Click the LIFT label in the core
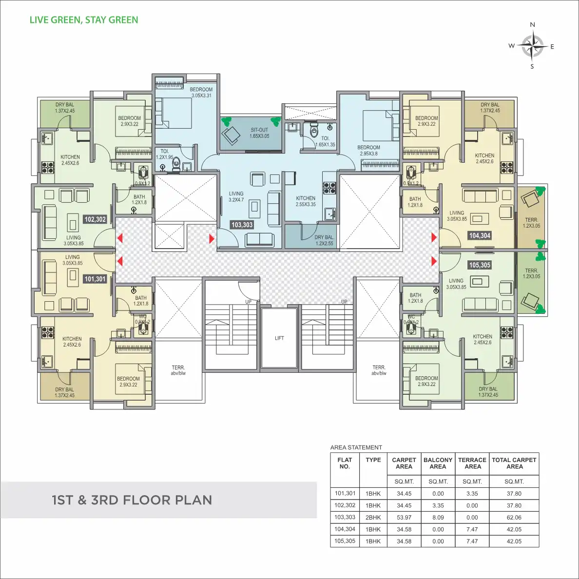pos(279,338)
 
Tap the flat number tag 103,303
pos(242,225)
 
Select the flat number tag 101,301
pos(95,279)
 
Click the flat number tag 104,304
pos(480,235)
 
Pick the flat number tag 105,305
pos(480,265)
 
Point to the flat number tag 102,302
pos(95,219)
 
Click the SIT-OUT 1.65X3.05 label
pos(259,133)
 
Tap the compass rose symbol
pos(532,46)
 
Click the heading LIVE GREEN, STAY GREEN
pos(84,20)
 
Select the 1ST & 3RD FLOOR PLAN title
pos(132,500)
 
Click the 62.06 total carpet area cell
pos(514,518)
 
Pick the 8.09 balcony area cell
pos(438,518)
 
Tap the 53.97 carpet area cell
pos(404,518)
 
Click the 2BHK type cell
pos(373,518)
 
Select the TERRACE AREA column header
pos(472,463)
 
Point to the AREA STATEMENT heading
pos(356,447)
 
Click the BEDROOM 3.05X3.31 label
pos(201,93)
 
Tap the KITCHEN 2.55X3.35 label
pos(306,201)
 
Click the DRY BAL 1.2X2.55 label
pos(324,240)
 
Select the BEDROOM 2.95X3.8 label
pos(368,151)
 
